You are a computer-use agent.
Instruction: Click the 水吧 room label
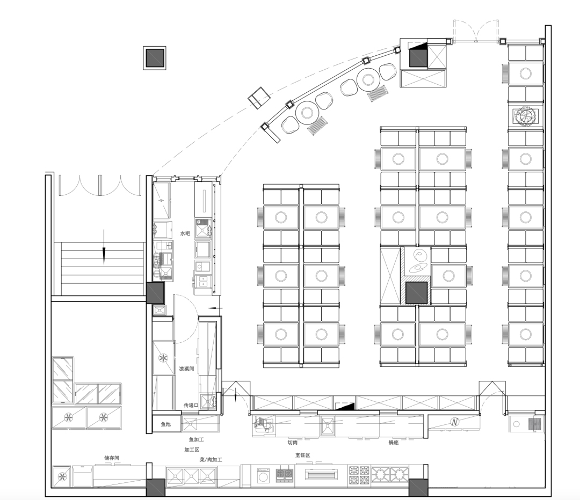(x=185, y=233)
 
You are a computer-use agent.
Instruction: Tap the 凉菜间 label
(x=186, y=369)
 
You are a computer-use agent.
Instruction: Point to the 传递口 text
(x=191, y=406)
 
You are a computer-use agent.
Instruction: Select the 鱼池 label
(x=166, y=424)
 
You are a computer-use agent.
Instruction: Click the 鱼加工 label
(x=196, y=440)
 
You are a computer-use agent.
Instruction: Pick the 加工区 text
(x=192, y=450)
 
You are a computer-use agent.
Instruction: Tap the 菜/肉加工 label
(x=211, y=460)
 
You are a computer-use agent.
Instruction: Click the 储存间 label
(x=112, y=458)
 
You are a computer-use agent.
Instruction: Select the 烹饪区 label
(x=302, y=455)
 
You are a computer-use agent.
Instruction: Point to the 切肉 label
(x=293, y=443)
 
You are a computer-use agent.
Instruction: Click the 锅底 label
(x=394, y=443)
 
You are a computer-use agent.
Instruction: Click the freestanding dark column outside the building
(x=155, y=57)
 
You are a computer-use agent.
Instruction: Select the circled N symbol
(x=455, y=422)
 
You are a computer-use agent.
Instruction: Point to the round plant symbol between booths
(x=525, y=116)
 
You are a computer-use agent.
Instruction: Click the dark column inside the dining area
(x=417, y=293)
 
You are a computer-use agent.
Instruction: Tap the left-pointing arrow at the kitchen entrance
(x=216, y=308)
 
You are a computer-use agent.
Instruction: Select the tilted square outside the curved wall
(x=259, y=98)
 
